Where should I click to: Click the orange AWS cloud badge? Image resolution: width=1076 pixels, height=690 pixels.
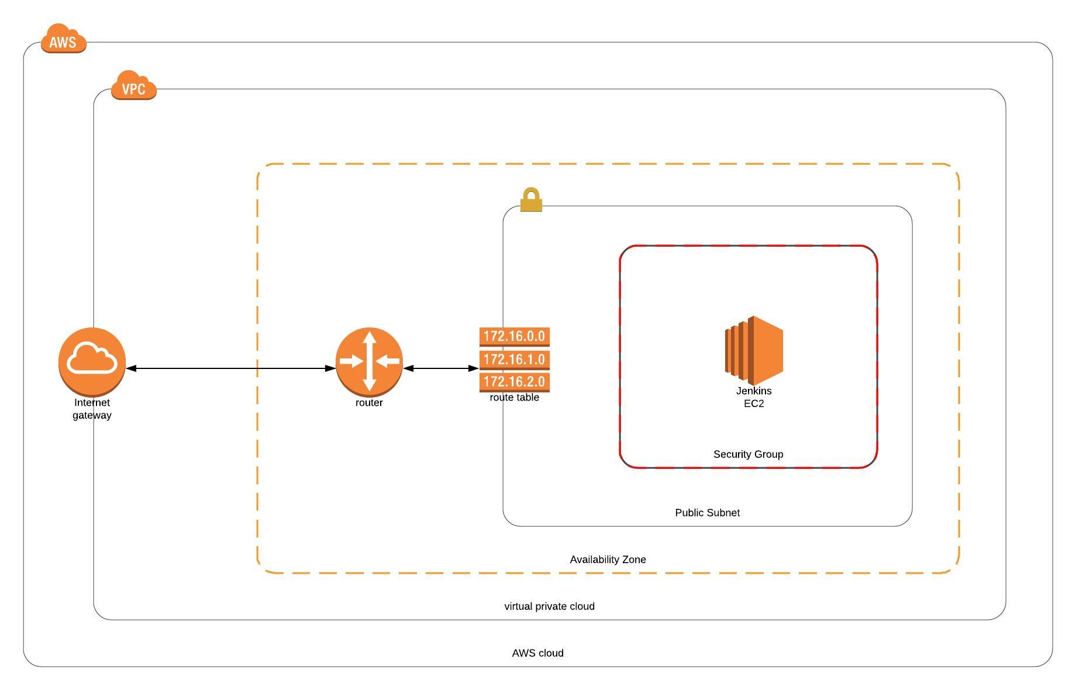[63, 39]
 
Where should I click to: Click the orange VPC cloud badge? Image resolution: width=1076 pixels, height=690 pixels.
[133, 87]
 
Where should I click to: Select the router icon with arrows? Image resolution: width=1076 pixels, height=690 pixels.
[369, 360]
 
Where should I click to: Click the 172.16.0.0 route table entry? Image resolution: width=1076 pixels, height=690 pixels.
[514, 337]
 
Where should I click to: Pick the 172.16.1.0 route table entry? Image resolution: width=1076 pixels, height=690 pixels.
[514, 360]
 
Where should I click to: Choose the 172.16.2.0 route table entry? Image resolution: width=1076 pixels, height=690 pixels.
[514, 382]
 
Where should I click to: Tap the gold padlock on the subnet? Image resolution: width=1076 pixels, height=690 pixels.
[531, 200]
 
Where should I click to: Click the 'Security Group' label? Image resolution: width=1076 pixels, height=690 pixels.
[748, 454]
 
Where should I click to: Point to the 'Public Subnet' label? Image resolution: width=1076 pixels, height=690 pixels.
[707, 513]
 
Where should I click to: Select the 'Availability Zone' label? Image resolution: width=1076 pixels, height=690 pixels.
[608, 560]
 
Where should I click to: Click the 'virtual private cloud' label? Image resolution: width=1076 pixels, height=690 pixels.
[549, 606]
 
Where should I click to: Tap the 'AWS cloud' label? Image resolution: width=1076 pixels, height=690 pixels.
[537, 653]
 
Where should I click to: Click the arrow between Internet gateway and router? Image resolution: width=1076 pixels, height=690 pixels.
[231, 368]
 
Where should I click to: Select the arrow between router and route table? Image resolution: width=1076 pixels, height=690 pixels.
[441, 368]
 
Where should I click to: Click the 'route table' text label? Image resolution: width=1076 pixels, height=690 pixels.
[514, 398]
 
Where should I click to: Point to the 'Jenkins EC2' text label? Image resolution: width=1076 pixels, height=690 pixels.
[754, 397]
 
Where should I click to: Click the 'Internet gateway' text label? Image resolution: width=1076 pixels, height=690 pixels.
[92, 409]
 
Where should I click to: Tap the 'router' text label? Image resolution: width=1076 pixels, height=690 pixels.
[369, 403]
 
